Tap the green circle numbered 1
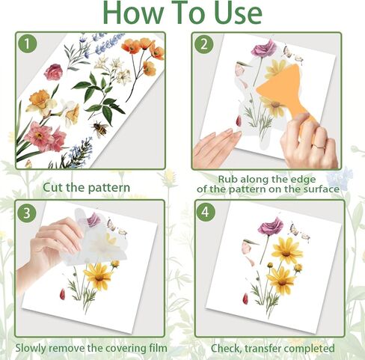(x=28, y=44)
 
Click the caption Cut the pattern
(x=86, y=186)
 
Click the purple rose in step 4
(x=269, y=225)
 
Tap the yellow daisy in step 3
(x=97, y=275)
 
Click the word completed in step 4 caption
(x=310, y=348)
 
